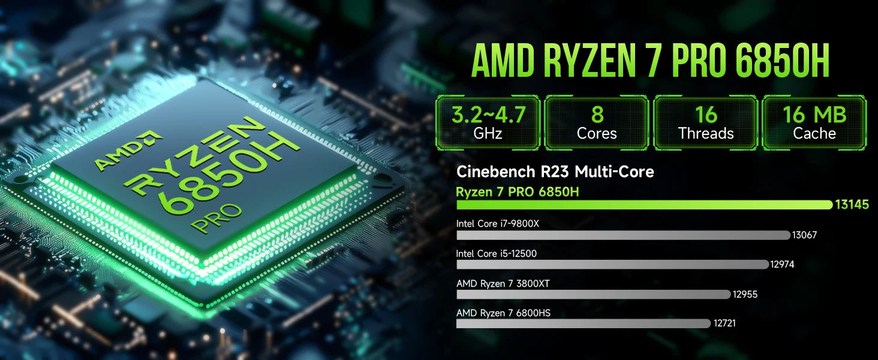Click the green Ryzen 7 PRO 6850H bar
pos(644,205)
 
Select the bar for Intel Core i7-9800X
pos(624,235)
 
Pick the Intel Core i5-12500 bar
pos(613,265)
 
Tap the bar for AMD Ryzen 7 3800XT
pos(594,294)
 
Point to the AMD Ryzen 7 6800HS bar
pos(584,323)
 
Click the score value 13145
pos(852,205)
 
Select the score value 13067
pos(804,235)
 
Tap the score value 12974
pos(782,265)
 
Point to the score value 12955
pos(745,294)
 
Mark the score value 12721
pos(724,323)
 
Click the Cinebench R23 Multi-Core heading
pos(555,172)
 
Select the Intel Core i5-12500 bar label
pos(496,254)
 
